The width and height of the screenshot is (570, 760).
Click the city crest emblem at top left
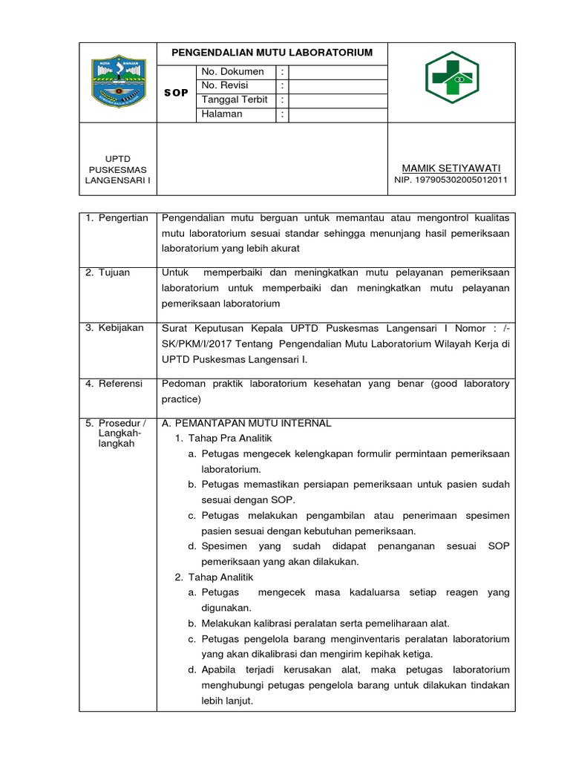(117, 82)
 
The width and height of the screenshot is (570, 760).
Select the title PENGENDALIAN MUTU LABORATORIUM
(272, 53)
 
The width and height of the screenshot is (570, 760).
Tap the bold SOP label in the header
(176, 93)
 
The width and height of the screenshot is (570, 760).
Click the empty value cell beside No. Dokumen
(338, 72)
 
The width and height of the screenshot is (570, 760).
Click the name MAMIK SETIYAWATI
(451, 168)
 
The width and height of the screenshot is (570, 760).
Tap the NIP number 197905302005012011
(451, 180)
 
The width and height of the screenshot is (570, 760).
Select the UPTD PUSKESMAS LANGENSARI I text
(117, 169)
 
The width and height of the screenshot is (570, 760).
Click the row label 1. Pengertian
(117, 218)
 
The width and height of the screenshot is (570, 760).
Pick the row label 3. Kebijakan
(114, 327)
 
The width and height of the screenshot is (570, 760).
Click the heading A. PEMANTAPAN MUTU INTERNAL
(246, 423)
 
